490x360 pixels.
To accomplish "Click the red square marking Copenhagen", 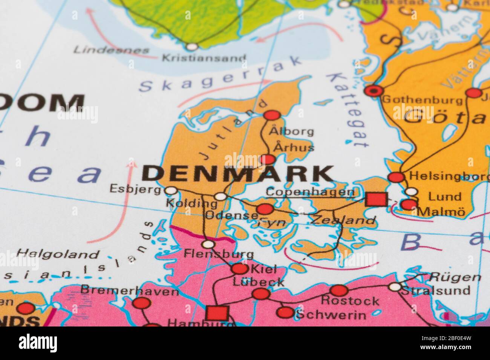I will coord(376,199).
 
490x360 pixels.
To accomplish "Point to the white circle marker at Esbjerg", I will coord(171,191).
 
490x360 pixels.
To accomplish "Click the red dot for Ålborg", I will coord(273,115).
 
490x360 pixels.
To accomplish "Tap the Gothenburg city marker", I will coord(374,90).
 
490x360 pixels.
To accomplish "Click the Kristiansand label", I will coord(204,58).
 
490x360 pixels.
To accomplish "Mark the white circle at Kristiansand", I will coord(192,47).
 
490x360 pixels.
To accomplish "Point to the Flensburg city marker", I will coord(208,244).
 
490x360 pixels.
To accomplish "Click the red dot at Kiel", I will coord(239,269).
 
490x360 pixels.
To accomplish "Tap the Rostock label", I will coord(350,301).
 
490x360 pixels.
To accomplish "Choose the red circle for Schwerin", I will coord(285,312).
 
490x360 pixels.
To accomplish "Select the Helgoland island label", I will coord(58,254).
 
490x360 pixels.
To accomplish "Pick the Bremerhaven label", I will coord(129,291).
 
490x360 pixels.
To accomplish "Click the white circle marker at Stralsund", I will coord(395,287).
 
